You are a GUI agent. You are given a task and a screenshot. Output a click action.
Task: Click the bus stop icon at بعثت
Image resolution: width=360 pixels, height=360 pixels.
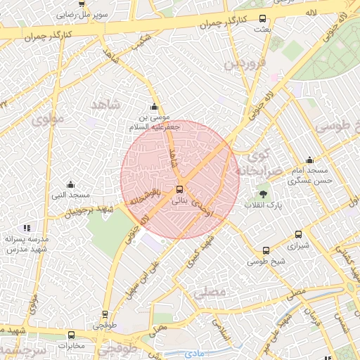pos(263,19)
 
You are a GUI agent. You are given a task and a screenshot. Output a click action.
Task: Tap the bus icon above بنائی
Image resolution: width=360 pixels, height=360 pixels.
pos(180,189)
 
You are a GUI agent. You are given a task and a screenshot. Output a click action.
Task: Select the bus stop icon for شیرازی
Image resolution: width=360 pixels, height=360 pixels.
pos(298,235)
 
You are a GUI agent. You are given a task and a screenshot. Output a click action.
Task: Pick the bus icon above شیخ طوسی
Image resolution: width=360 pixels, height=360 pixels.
pos(266,250)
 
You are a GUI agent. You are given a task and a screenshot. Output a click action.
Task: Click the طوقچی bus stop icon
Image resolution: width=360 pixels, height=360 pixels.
pos(105,314)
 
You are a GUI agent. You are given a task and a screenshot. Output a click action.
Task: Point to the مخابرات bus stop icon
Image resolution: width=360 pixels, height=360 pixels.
pos(71,335)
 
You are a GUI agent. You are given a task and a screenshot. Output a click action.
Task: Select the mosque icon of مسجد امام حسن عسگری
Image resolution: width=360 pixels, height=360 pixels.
pos(309,160)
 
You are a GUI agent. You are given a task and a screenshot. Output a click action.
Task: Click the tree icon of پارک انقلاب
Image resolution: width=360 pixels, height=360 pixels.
pos(263,192)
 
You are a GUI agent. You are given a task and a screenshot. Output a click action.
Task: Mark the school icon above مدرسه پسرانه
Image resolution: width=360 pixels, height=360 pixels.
pos(27,228)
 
